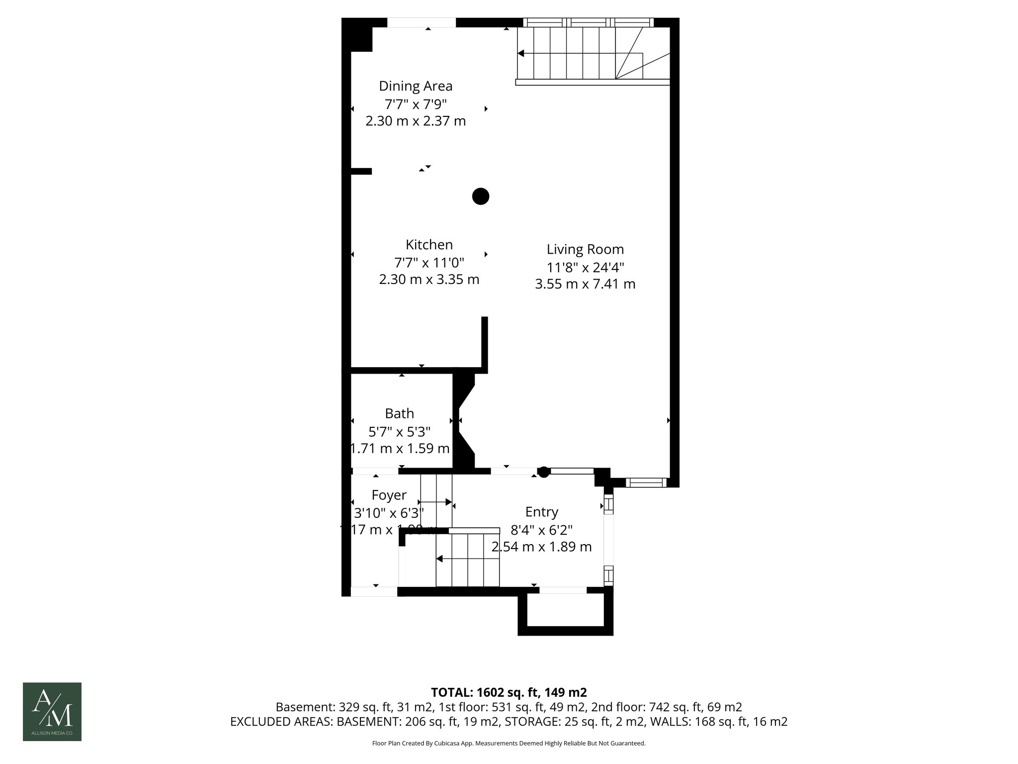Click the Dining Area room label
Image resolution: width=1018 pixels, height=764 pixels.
click(x=416, y=86)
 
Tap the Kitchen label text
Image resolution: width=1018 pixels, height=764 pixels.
click(x=429, y=245)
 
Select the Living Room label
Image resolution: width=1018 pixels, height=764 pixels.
click(x=585, y=249)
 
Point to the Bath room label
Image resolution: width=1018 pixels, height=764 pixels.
click(x=399, y=413)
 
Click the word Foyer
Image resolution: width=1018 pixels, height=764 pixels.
click(x=389, y=495)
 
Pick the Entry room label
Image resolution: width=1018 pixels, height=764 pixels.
click(x=541, y=512)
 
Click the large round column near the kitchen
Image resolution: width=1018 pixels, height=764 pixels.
click(x=480, y=196)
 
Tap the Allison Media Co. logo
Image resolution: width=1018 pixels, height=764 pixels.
click(x=52, y=711)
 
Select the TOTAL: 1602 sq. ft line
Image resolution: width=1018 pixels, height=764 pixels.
click(x=509, y=692)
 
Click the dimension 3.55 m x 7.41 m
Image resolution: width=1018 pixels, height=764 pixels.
click(x=585, y=284)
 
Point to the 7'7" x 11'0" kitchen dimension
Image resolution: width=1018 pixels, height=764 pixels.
click(x=429, y=262)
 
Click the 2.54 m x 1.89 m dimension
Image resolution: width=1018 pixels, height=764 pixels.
click(x=541, y=547)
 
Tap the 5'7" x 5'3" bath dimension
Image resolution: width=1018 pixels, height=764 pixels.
click(x=399, y=431)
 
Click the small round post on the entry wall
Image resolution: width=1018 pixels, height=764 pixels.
click(x=544, y=472)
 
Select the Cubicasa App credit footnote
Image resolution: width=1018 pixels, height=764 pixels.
click(x=509, y=744)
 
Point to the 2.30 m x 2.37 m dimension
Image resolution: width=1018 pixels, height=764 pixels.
click(x=416, y=121)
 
